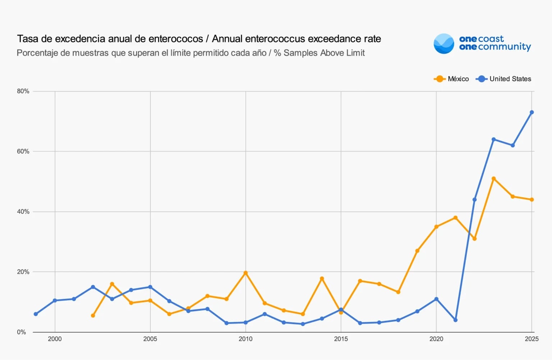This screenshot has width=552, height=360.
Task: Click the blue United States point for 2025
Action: [x=532, y=112]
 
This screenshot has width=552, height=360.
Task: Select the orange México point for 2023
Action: [x=493, y=179]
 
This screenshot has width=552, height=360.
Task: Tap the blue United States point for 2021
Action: [x=455, y=320]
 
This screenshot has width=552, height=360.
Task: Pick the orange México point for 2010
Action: [x=245, y=273]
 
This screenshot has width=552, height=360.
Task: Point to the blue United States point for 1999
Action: [x=36, y=314]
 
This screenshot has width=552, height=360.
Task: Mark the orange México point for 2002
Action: [x=93, y=315]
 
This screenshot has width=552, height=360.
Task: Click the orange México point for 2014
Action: [x=322, y=278]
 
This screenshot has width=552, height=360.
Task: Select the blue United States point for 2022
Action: [x=474, y=200]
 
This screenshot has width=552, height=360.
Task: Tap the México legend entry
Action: [x=452, y=79]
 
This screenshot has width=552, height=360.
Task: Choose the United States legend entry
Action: [x=504, y=79]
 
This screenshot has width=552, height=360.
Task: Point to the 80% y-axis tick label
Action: [x=23, y=91]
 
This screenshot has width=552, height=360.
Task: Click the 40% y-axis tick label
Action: [x=23, y=212]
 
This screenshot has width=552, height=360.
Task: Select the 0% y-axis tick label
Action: [x=22, y=332]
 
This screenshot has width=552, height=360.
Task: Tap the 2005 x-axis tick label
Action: [x=150, y=339]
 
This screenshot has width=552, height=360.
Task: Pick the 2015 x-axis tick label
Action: [x=341, y=339]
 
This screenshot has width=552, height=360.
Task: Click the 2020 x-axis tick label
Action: [x=436, y=339]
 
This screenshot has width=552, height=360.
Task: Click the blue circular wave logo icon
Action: [x=444, y=44]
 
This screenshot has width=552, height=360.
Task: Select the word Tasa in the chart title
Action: [x=27, y=39]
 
